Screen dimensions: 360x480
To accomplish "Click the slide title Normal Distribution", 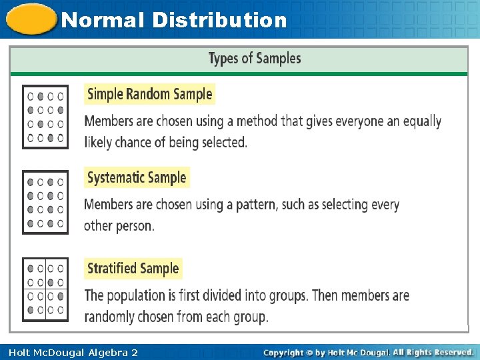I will tap(173, 20).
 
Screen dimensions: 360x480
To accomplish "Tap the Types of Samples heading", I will tap(255, 59).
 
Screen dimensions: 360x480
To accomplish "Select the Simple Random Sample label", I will tap(150, 94).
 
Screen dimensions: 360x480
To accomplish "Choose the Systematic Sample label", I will tap(137, 177).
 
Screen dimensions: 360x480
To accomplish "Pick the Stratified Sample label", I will tap(133, 269).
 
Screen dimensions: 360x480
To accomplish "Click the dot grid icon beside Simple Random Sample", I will tap(45, 117).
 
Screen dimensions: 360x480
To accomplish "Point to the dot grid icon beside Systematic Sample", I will tap(45, 202).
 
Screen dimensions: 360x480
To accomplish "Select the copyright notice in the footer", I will tap(368, 352).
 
